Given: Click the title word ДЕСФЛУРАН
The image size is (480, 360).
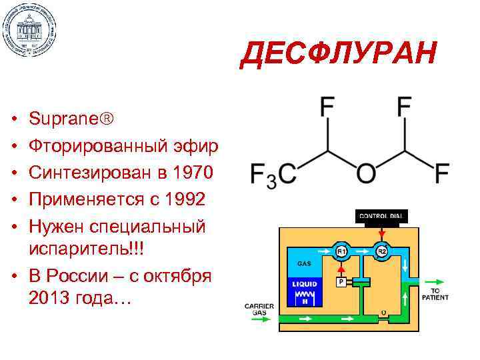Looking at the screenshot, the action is pyautogui.click(x=339, y=54).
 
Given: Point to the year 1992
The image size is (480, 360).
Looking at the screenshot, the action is pyautogui.click(x=181, y=199).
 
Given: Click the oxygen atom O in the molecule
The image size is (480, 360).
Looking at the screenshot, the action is pyautogui.click(x=365, y=174).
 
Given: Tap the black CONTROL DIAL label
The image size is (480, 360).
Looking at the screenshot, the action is pyautogui.click(x=381, y=216).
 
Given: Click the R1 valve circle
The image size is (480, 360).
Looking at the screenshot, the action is pyautogui.click(x=341, y=251).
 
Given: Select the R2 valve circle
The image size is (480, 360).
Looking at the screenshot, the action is pyautogui.click(x=382, y=251).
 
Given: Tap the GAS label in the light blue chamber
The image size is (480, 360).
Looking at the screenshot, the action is pyautogui.click(x=298, y=263).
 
